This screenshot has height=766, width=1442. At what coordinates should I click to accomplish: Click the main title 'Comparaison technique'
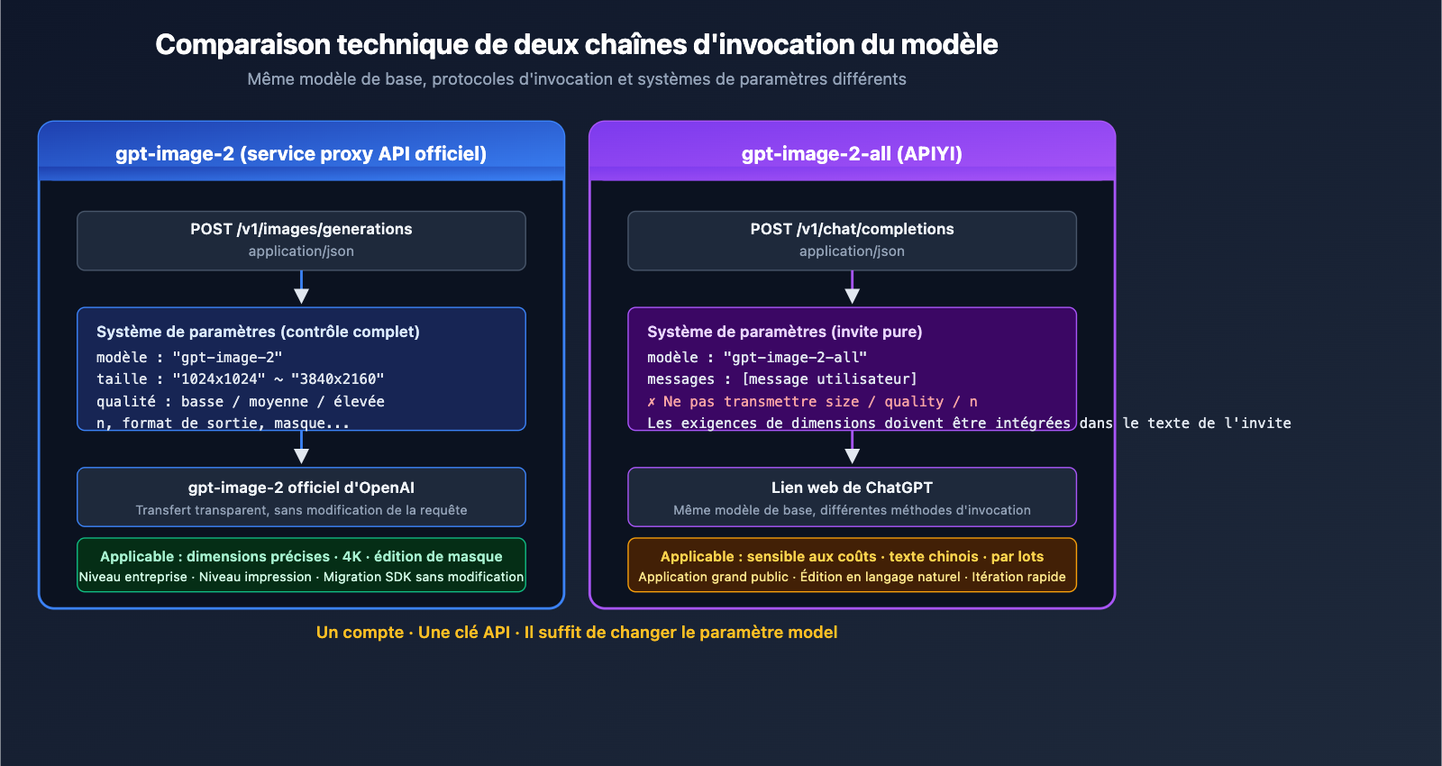(x=576, y=44)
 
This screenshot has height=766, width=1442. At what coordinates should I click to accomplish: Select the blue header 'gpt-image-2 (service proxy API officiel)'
(x=301, y=153)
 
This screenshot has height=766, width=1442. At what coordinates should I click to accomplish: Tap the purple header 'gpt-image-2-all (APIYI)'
(x=852, y=153)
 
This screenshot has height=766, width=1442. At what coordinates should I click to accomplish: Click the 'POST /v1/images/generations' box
(x=301, y=240)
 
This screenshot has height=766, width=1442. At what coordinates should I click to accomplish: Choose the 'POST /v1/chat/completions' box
(x=852, y=240)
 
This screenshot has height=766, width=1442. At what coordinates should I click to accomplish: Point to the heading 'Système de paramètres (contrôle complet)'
(x=258, y=332)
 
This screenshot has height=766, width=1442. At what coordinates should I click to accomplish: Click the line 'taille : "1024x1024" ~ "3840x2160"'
(x=240, y=379)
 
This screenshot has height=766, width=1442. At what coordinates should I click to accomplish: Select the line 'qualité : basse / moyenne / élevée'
(x=240, y=402)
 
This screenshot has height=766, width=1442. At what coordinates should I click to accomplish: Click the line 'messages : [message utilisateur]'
(x=781, y=379)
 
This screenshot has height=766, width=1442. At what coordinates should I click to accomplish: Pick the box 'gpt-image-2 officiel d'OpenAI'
(x=301, y=497)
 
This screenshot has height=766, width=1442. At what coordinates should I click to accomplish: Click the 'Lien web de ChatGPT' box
(x=852, y=497)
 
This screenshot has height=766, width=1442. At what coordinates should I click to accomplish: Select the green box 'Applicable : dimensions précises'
(x=301, y=565)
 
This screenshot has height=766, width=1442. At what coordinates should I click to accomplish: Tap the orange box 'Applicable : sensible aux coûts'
(x=852, y=565)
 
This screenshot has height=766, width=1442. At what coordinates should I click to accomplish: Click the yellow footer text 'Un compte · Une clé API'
(x=577, y=633)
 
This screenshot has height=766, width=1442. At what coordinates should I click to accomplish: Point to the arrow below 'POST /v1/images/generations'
(x=301, y=289)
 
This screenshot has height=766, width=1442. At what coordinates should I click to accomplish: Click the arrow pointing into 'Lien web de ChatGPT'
(x=852, y=450)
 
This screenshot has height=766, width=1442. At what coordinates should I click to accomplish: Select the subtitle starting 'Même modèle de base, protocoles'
(x=577, y=79)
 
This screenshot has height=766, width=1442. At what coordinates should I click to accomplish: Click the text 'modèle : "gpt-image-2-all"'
(x=756, y=358)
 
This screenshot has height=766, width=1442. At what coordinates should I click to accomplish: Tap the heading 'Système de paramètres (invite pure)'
(x=784, y=332)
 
